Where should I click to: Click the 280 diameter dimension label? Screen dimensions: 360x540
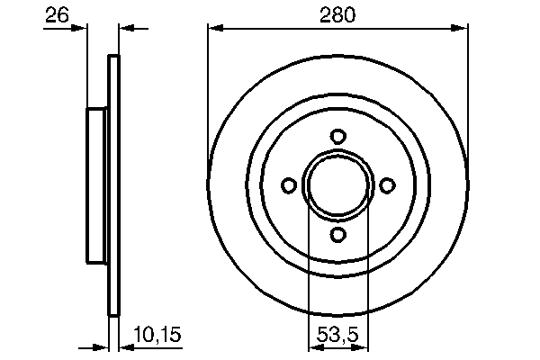[x=338, y=14]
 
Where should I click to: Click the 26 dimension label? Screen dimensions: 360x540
[x=56, y=14]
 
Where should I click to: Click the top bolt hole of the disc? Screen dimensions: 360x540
[x=338, y=136]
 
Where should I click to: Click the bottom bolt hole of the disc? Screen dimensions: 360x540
[x=338, y=234]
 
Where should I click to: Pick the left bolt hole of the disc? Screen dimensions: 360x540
[x=289, y=185]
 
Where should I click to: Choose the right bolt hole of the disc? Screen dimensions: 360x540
[x=388, y=185]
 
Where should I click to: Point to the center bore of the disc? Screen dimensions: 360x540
[x=338, y=185]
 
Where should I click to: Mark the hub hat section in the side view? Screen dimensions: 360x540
[x=97, y=185]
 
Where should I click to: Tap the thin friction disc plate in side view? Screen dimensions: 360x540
[x=113, y=185]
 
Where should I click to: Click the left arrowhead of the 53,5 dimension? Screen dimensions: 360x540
[x=316, y=346]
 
